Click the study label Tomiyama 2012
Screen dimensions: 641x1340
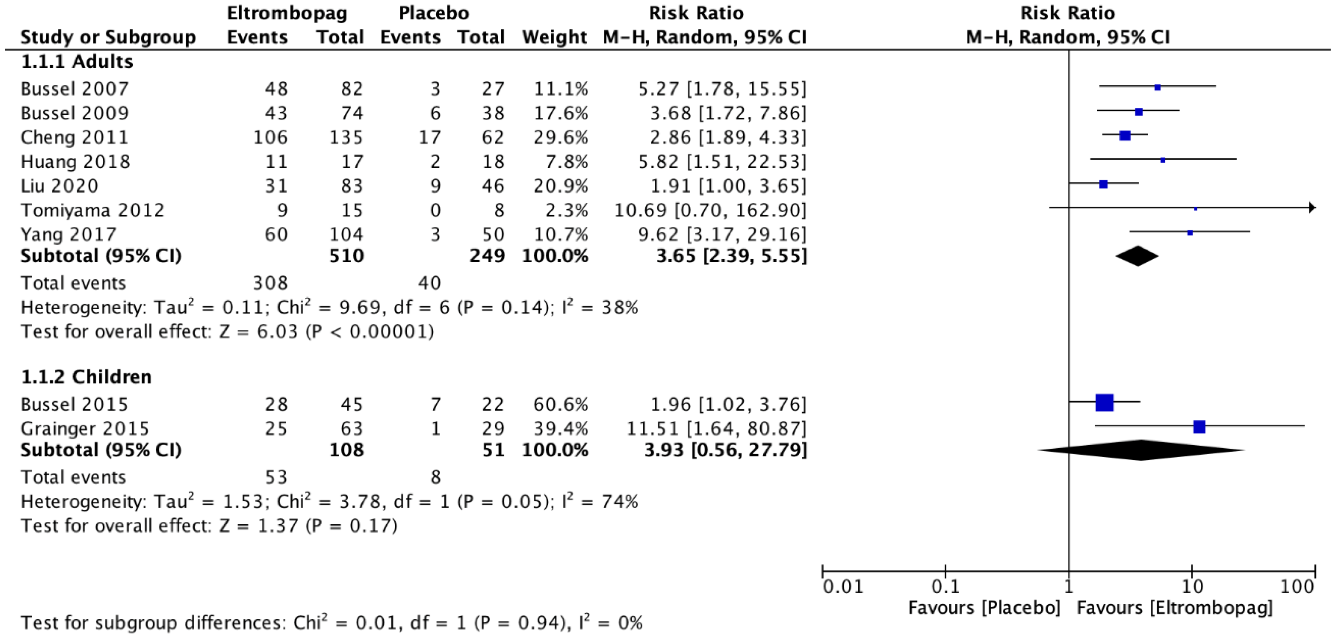(93, 210)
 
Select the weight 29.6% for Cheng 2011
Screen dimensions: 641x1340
(561, 137)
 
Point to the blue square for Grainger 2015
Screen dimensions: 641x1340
(1199, 427)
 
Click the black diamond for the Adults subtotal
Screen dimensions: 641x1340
(1137, 256)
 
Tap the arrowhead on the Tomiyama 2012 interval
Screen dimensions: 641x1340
(1312, 208)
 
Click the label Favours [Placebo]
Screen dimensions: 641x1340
(984, 608)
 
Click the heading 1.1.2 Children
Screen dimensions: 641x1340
(86, 377)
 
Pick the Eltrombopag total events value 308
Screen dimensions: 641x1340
(270, 283)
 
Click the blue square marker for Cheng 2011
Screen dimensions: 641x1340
(1125, 136)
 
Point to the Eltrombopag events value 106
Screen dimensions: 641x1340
(270, 137)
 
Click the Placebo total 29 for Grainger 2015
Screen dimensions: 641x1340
(492, 429)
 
